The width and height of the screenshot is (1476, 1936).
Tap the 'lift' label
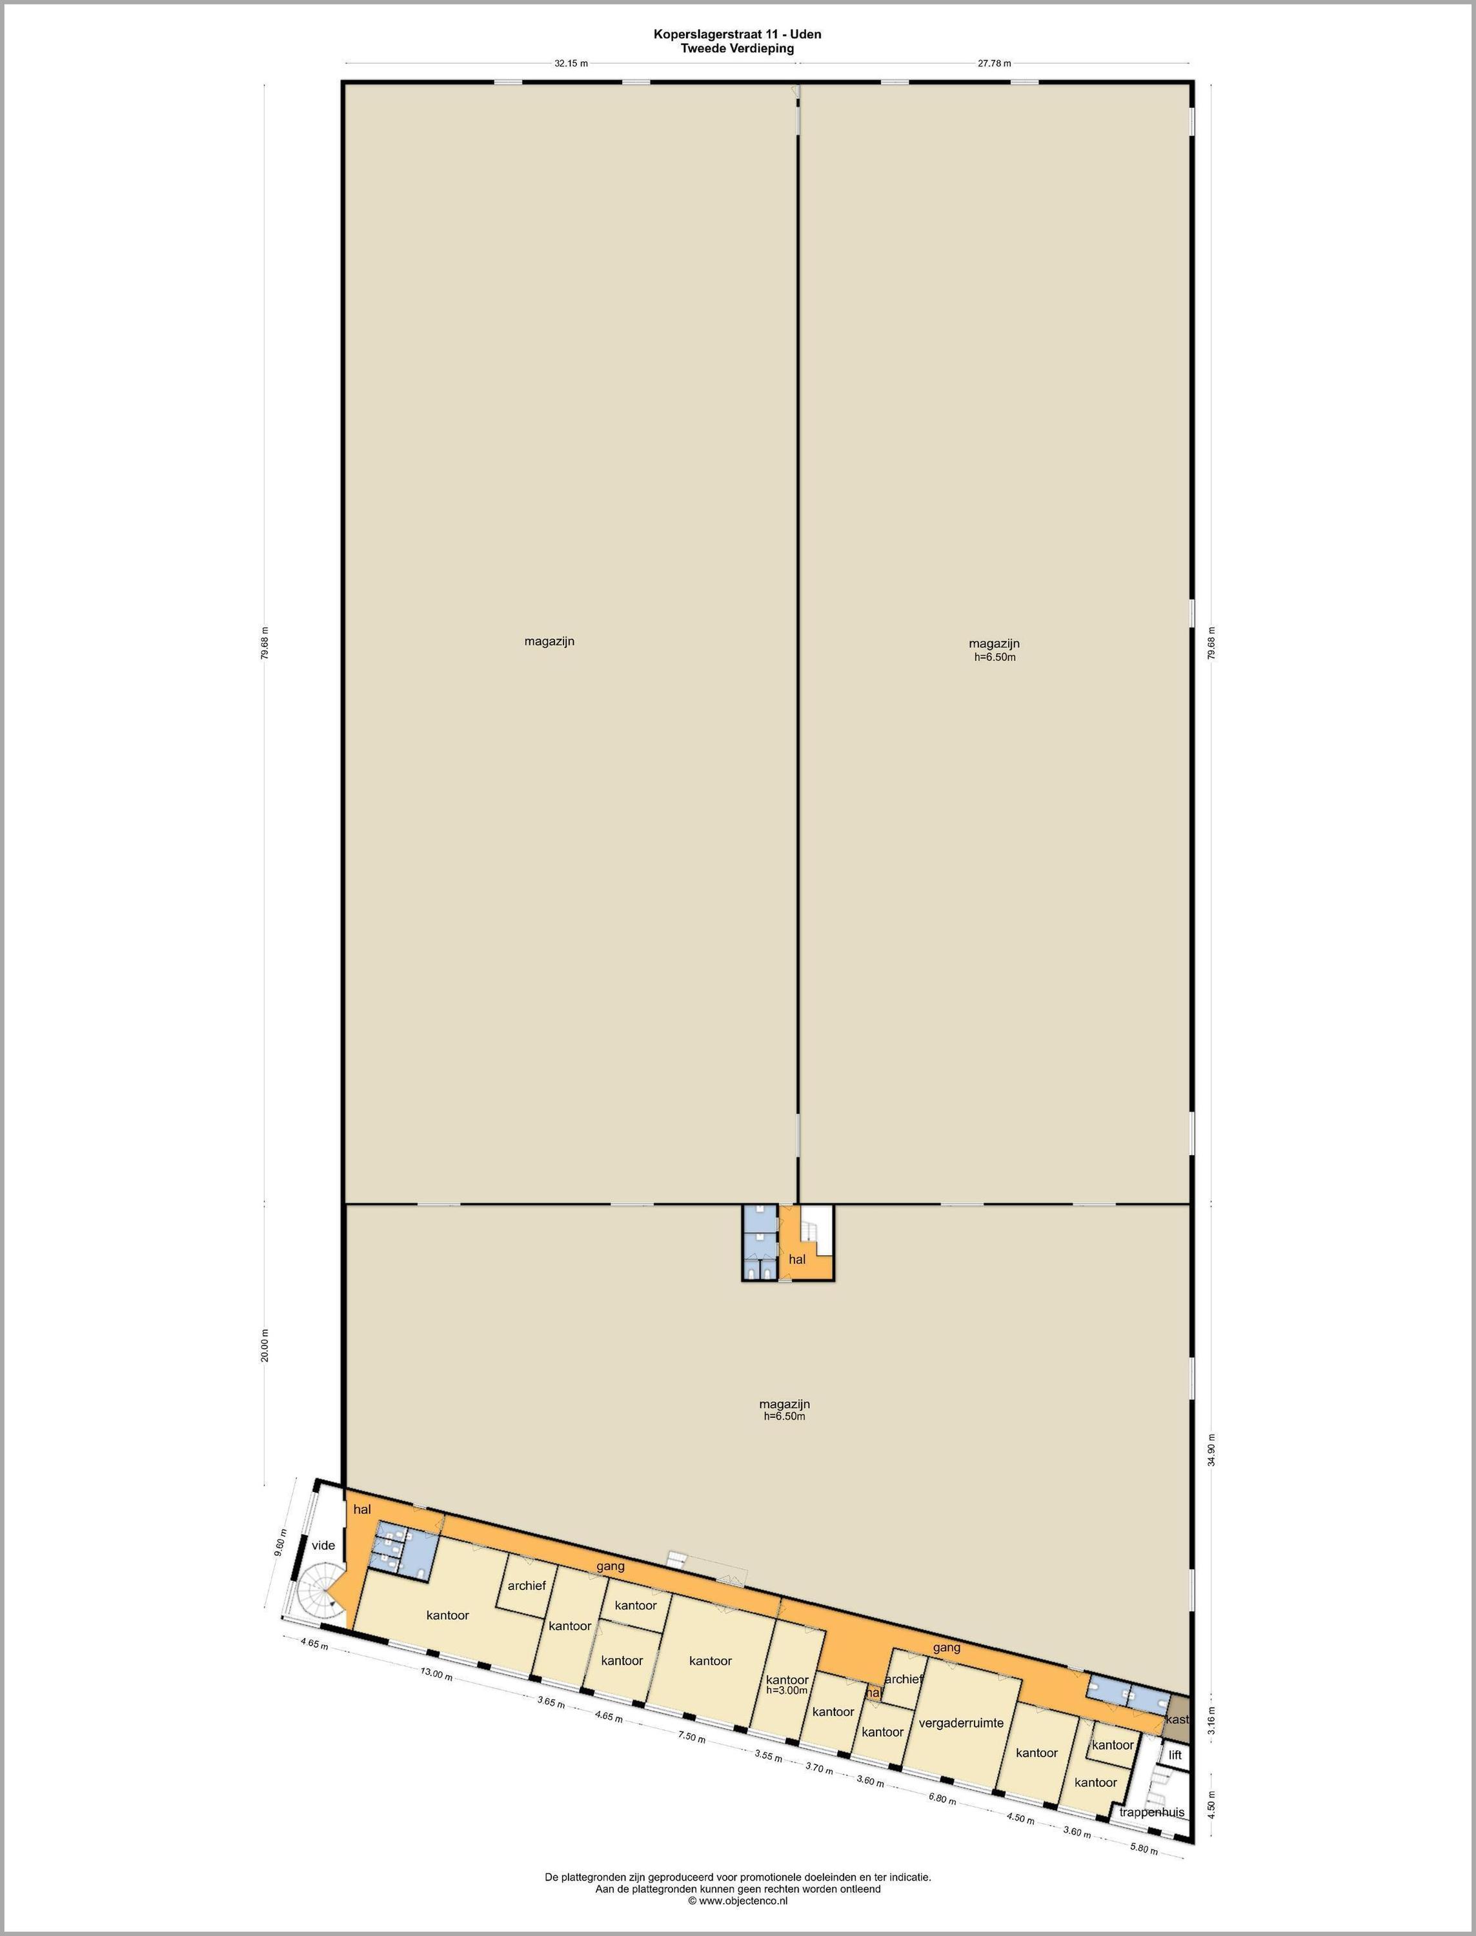click(x=1175, y=1754)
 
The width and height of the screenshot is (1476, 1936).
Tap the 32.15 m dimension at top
click(x=571, y=63)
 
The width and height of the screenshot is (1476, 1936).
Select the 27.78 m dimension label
click(x=995, y=63)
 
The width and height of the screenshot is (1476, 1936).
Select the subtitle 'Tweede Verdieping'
click(x=737, y=48)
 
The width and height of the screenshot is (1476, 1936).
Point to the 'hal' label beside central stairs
click(x=797, y=1259)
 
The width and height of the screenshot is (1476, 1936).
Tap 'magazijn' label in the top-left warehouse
click(x=549, y=641)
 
